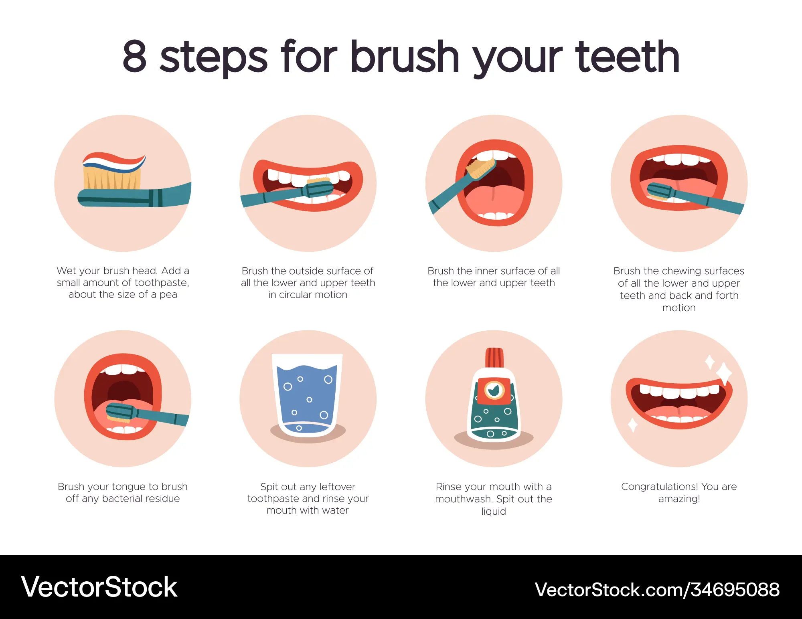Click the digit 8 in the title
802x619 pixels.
(135, 57)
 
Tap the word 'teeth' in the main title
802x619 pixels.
(628, 57)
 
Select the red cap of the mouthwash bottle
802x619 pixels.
(494, 358)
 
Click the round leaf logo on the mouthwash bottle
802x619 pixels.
(494, 390)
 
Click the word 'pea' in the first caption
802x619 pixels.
(168, 295)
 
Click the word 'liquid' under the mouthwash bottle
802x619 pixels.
(494, 512)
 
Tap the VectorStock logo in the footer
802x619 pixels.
(99, 587)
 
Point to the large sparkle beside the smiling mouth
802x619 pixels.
(724, 373)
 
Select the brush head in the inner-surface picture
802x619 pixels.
(480, 167)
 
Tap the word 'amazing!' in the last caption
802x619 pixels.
(679, 499)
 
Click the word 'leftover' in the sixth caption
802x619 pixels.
(337, 487)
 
